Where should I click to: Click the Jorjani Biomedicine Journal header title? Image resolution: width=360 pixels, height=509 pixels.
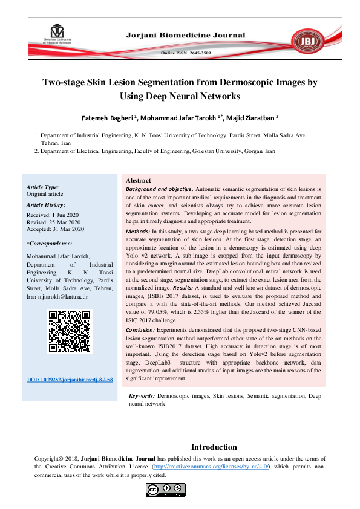pyautogui.click(x=185, y=36)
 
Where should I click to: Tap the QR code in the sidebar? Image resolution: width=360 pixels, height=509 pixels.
pyautogui.click(x=69, y=331)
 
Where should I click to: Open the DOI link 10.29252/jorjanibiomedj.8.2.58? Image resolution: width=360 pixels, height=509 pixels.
pyautogui.click(x=70, y=380)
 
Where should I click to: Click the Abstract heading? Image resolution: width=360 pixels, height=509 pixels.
pyautogui.click(x=138, y=181)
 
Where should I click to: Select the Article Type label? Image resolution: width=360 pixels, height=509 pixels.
pyautogui.click(x=43, y=188)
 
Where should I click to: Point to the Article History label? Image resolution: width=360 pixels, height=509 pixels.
pyautogui.click(x=47, y=206)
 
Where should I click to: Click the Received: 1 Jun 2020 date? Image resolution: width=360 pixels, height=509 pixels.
pyautogui.click(x=53, y=215)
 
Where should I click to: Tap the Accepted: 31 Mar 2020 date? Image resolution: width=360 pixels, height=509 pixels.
pyautogui.click(x=55, y=229)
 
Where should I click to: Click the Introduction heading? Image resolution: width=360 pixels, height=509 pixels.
pyautogui.click(x=214, y=447)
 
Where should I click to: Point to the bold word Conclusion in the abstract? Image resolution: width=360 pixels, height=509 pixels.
pyautogui.click(x=140, y=331)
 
